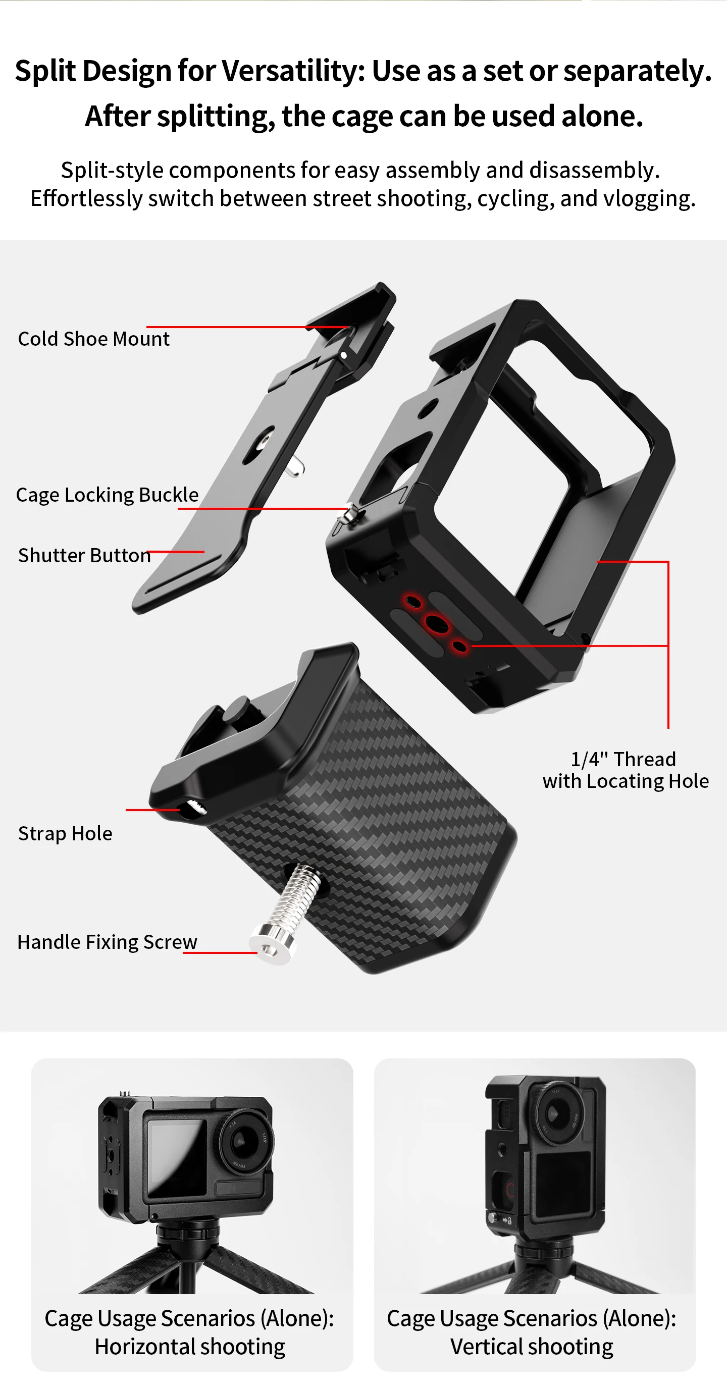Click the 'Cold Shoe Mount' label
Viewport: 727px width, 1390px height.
click(x=94, y=339)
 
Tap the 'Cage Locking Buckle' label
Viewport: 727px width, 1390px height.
click(x=108, y=495)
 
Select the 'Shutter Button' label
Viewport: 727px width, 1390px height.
click(x=85, y=555)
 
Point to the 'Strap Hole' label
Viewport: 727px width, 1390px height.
click(x=65, y=834)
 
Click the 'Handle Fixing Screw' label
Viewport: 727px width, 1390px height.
click(x=108, y=942)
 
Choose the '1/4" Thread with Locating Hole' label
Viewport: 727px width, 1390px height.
click(x=626, y=770)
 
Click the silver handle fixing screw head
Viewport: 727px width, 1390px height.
click(x=273, y=943)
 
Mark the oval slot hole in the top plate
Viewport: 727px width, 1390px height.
click(x=259, y=446)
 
